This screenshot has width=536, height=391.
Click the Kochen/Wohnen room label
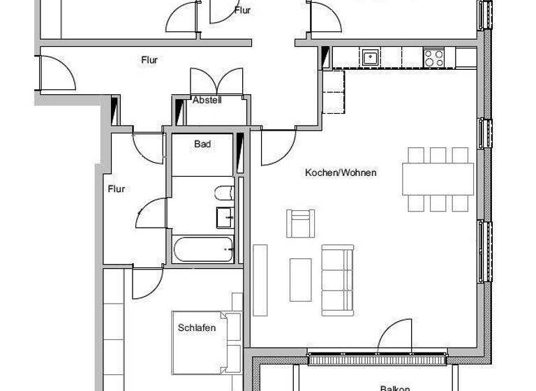341,172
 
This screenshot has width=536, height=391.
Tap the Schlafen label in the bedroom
196,328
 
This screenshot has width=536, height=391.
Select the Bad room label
202,145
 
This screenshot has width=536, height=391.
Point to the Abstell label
207,101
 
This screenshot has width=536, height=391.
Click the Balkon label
394,388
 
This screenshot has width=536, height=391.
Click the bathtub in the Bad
202,249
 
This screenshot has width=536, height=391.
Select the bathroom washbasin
225,217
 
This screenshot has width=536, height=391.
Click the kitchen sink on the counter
369,57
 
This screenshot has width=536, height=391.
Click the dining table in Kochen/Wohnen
438,179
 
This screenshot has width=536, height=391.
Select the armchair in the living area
300,223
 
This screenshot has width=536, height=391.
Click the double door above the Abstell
216,82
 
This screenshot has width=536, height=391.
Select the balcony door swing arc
394,335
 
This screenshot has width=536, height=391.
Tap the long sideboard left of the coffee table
260,279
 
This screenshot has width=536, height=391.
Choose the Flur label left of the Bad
116,189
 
